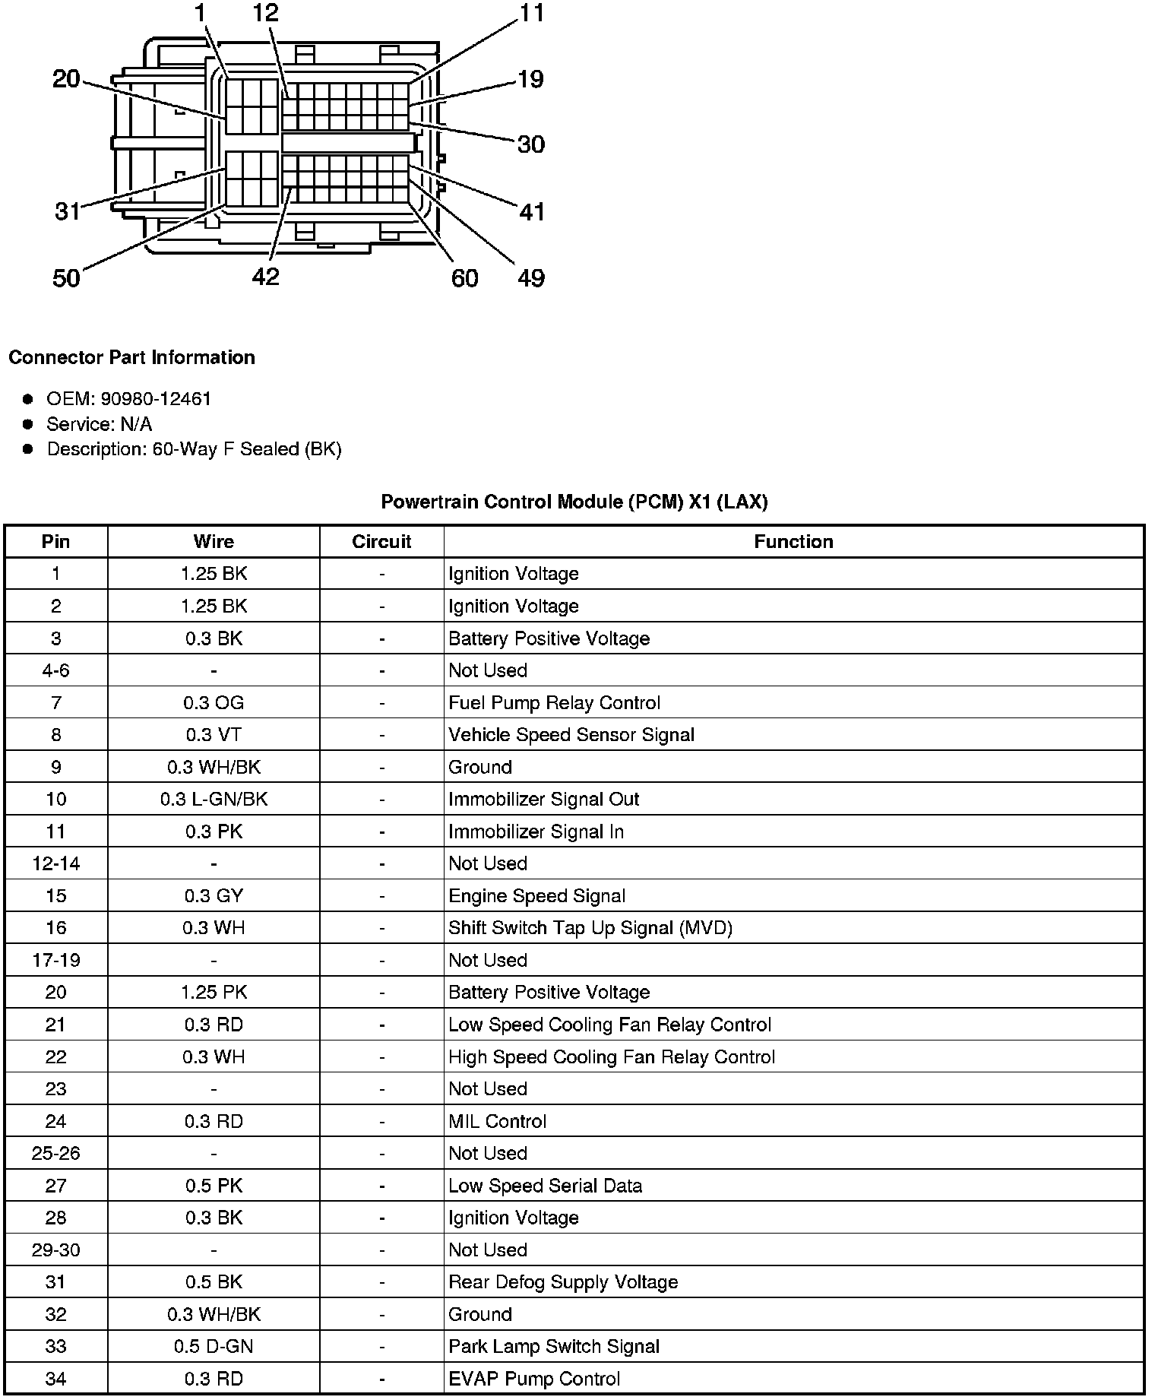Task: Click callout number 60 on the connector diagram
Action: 464,278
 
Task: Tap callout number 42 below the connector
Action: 265,277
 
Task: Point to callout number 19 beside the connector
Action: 530,79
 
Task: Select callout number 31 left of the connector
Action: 67,211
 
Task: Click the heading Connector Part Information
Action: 131,357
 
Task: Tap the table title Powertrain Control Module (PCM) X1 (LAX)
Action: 574,502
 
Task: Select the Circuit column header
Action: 381,542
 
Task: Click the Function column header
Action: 793,542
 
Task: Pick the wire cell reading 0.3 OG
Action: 214,703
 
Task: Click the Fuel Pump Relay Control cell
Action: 554,703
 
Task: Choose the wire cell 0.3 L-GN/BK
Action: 214,800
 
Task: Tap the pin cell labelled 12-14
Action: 56,863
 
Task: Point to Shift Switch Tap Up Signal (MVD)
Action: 590,928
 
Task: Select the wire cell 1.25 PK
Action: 214,993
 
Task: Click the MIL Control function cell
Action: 497,1121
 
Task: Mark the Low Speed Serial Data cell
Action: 545,1186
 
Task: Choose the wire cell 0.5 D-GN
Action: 214,1347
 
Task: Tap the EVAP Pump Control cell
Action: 534,1379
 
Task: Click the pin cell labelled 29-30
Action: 56,1250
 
